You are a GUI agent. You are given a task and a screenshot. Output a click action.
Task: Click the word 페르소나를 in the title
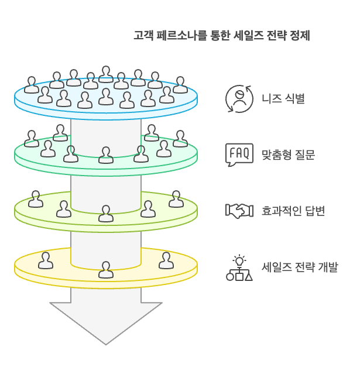pyautogui.click(x=181, y=36)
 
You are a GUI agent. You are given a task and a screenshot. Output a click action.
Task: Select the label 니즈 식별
pyautogui.click(x=283, y=98)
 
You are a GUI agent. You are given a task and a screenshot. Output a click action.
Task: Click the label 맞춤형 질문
pyautogui.click(x=288, y=155)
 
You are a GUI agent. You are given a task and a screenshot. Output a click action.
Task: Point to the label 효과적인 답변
pyautogui.click(x=293, y=211)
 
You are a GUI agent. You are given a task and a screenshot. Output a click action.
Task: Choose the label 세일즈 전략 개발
pyautogui.click(x=300, y=267)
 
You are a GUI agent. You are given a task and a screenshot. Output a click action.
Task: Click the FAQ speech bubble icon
pyautogui.click(x=239, y=155)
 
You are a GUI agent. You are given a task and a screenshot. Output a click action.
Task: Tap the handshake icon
pyautogui.click(x=239, y=211)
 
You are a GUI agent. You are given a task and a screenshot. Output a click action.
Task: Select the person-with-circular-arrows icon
pyautogui.click(x=239, y=99)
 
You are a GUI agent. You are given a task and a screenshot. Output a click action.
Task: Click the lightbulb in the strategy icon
pyautogui.click(x=239, y=260)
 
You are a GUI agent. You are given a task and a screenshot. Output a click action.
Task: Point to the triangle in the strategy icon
pyautogui.click(x=249, y=277)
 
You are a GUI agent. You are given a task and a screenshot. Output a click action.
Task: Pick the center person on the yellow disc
pyautogui.click(x=106, y=270)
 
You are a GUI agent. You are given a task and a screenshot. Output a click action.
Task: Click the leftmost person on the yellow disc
pyautogui.click(x=46, y=260)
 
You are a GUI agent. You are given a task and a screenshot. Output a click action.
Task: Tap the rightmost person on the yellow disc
pyautogui.click(x=166, y=260)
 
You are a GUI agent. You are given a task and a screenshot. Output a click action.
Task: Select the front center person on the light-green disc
pyautogui.click(x=106, y=214)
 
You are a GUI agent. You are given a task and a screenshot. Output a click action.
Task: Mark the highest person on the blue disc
pyautogui.click(x=106, y=74)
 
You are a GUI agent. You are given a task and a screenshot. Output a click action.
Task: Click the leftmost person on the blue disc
pyautogui.click(x=32, y=85)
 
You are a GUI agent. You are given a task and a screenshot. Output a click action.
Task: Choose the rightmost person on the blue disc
pyautogui.click(x=180, y=85)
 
